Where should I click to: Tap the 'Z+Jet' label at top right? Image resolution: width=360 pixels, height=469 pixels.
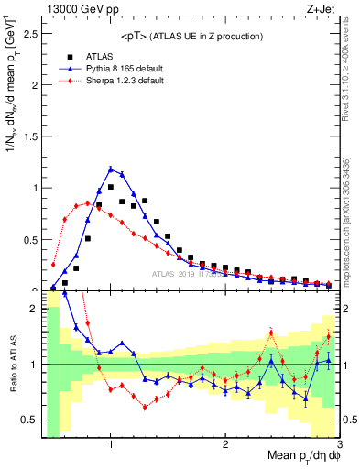tap(321, 10)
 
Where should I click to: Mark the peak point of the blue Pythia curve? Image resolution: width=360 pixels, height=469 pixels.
tap(111, 169)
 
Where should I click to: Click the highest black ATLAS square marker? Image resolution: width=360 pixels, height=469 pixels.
tap(111, 187)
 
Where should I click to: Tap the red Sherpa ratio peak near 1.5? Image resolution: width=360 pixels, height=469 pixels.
tap(271, 333)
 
